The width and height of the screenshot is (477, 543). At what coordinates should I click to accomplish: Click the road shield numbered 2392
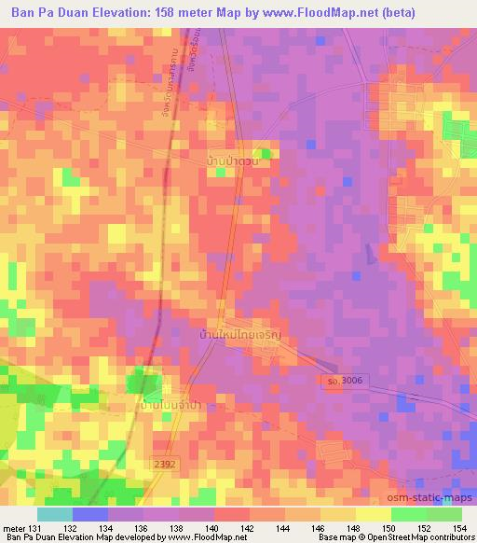pyautogui.click(x=164, y=463)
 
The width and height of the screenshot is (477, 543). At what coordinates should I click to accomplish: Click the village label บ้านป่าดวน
pyautogui.click(x=232, y=161)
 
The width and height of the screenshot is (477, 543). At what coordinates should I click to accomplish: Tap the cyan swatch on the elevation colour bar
pyautogui.click(x=55, y=514)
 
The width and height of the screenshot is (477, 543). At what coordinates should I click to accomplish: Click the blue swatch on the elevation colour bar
pyautogui.click(x=90, y=514)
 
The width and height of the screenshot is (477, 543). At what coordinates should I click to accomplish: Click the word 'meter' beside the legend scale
pyautogui.click(x=13, y=528)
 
